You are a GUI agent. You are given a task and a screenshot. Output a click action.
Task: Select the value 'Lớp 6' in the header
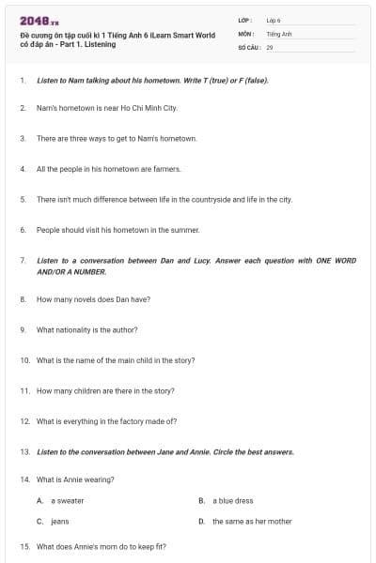[274, 20]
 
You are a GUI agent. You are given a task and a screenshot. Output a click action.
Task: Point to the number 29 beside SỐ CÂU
[270, 46]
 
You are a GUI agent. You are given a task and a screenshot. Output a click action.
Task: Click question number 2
[22, 108]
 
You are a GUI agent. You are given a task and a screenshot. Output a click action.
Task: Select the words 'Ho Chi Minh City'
[151, 108]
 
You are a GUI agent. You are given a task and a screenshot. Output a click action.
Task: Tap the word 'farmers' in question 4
[140, 169]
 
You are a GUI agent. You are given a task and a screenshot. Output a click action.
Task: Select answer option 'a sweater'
[67, 501]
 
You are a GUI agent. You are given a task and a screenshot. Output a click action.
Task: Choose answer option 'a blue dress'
[232, 501]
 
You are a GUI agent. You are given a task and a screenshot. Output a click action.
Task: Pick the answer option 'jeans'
[59, 521]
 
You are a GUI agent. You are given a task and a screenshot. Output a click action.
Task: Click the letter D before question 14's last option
[201, 521]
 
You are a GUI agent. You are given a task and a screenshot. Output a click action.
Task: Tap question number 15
[23, 546]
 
